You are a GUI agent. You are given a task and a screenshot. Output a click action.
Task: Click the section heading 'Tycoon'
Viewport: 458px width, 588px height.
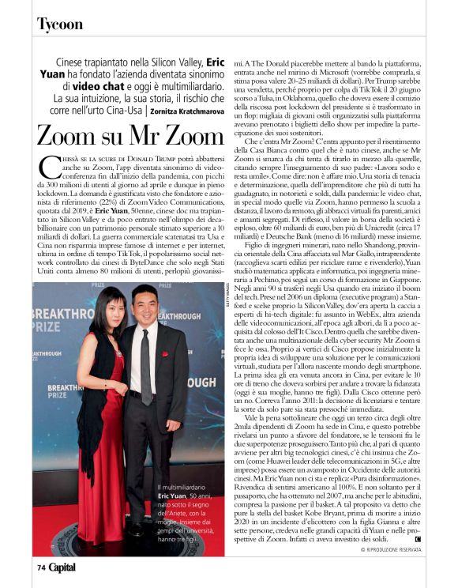coord(60,24)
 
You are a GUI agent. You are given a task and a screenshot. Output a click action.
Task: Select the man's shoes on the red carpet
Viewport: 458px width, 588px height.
coord(136,530)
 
